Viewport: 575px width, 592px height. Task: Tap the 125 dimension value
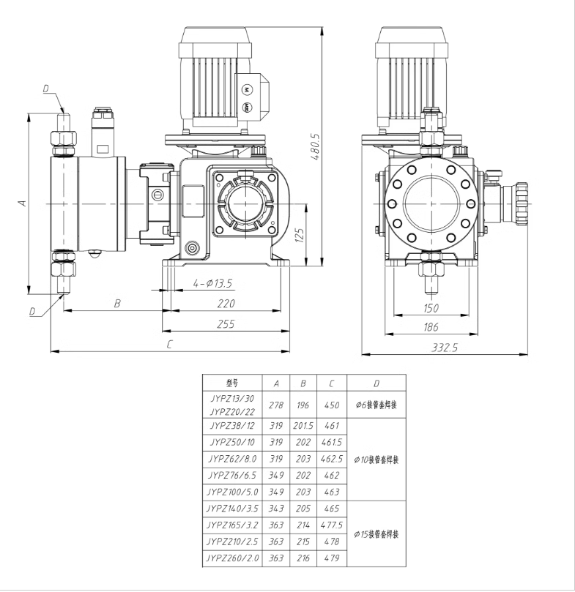pyautogui.click(x=299, y=235)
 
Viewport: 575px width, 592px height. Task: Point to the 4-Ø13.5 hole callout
pyautogui.click(x=213, y=283)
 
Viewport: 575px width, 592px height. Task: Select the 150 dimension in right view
pyautogui.click(x=431, y=308)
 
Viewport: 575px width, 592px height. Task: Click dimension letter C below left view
pyautogui.click(x=169, y=344)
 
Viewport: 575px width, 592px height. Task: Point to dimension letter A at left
pyautogui.click(x=22, y=203)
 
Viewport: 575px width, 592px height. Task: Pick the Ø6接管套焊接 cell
pyautogui.click(x=376, y=405)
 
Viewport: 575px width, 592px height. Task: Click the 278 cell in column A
pyautogui.click(x=275, y=405)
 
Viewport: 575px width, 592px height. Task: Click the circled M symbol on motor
pyautogui.click(x=246, y=89)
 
